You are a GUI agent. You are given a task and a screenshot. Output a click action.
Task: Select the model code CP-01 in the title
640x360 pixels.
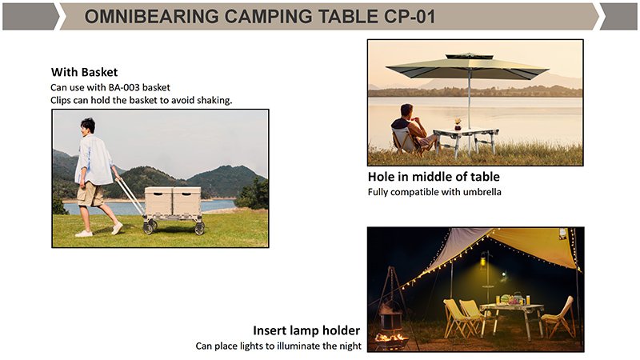(410, 17)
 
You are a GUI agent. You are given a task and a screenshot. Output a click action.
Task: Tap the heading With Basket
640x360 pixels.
(84, 72)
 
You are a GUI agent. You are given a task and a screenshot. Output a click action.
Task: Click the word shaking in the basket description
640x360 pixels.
(214, 101)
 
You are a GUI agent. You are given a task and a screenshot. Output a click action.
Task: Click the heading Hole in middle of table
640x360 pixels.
(434, 177)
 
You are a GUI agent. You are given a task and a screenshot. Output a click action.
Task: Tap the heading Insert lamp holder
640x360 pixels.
(306, 330)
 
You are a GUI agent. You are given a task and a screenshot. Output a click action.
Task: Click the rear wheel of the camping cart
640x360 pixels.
(199, 228)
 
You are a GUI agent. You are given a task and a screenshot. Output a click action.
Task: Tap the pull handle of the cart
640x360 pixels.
(130, 196)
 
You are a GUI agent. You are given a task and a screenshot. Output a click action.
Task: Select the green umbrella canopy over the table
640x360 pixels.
(467, 66)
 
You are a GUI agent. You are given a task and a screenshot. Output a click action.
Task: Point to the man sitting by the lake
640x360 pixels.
(411, 128)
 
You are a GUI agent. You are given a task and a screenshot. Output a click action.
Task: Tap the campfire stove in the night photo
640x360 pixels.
(390, 322)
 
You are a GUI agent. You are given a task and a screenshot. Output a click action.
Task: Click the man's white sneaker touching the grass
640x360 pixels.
(84, 234)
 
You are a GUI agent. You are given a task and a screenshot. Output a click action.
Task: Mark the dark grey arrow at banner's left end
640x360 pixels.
(30, 17)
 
